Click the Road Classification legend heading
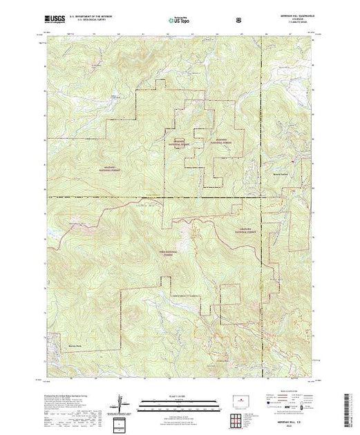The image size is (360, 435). click(x=295, y=391)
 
